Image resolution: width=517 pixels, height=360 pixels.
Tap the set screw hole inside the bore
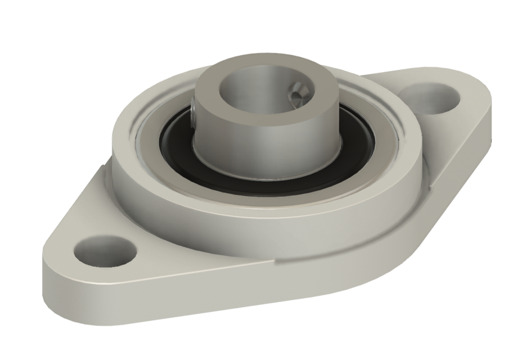pos(298,91)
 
